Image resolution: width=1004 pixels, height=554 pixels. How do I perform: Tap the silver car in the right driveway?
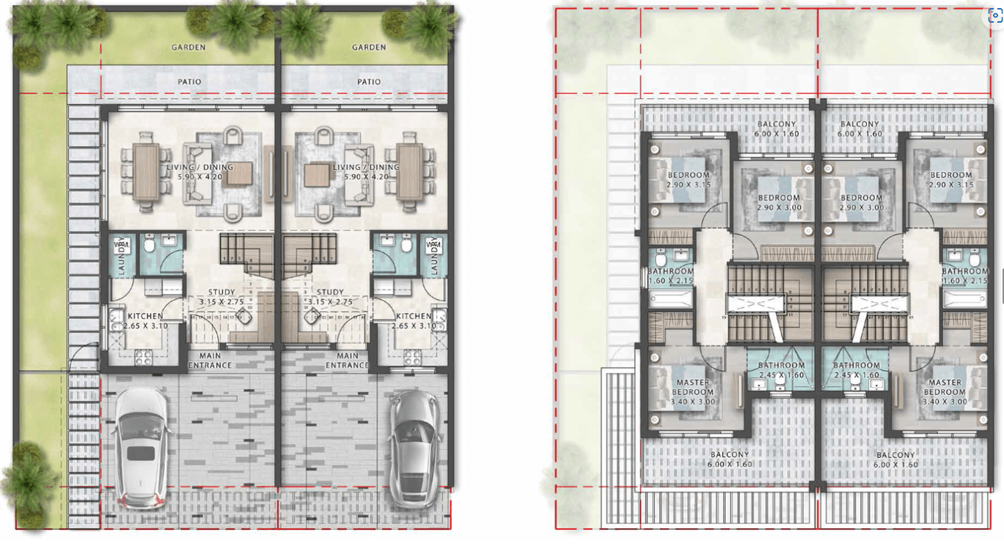coord(414,448)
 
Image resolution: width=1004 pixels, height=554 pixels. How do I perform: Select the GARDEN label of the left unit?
coord(188,47)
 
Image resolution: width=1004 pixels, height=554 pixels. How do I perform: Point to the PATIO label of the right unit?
coord(369,81)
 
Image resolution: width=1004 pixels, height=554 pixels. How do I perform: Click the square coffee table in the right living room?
coord(317,174)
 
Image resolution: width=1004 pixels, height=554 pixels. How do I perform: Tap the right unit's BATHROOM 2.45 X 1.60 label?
coord(856,370)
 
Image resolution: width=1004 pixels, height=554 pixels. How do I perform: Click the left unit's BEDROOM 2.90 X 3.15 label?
coord(688,180)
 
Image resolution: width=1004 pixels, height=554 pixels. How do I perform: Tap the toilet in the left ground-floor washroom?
coord(150,244)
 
